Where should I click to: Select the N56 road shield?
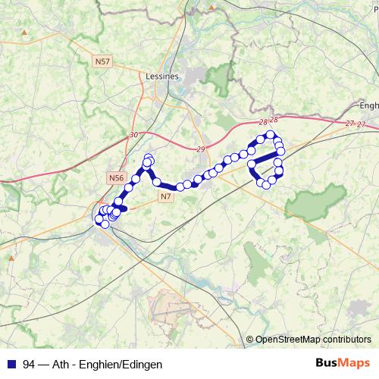coord(115,177)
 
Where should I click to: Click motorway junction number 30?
coord(134,134)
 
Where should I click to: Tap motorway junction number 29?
coord(200,149)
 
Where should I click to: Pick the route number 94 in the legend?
coord(29,365)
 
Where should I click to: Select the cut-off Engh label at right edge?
coord(369,106)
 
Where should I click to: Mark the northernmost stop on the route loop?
coord(271,134)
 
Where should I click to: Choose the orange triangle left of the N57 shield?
coord(25,33)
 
